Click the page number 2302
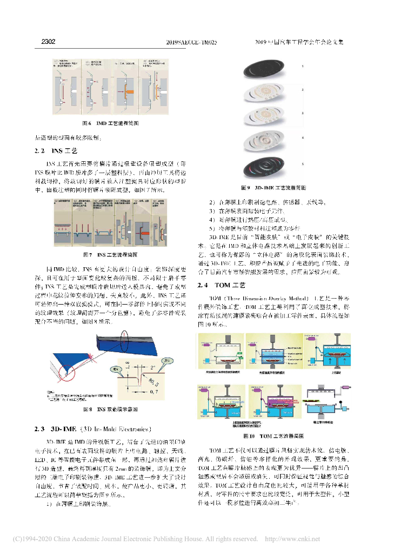(48, 42)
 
